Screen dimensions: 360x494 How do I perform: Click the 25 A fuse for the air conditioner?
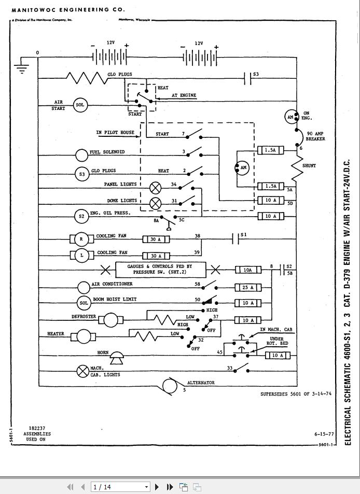248,287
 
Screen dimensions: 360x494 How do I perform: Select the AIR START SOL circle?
80,105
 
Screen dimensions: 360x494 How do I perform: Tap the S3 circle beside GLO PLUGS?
82,174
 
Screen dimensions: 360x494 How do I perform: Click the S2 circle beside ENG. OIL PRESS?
81,217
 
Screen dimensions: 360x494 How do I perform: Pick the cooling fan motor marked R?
81,239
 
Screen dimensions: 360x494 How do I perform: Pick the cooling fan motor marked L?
81,256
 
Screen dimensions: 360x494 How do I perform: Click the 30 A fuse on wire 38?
156,239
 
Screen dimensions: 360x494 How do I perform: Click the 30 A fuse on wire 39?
156,256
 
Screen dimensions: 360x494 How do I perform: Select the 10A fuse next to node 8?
248,270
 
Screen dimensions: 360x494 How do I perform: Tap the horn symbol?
116,355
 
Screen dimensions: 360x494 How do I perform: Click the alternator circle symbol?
170,386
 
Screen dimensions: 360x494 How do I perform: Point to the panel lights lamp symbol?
155,188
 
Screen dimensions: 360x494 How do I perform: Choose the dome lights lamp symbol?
155,204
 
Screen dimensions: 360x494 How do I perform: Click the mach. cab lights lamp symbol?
83,371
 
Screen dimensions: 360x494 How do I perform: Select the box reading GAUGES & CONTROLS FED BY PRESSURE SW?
161,270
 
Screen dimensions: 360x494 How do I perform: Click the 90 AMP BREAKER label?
315,136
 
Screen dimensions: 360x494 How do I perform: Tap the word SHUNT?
309,166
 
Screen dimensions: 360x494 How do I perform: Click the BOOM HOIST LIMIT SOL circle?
84,303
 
